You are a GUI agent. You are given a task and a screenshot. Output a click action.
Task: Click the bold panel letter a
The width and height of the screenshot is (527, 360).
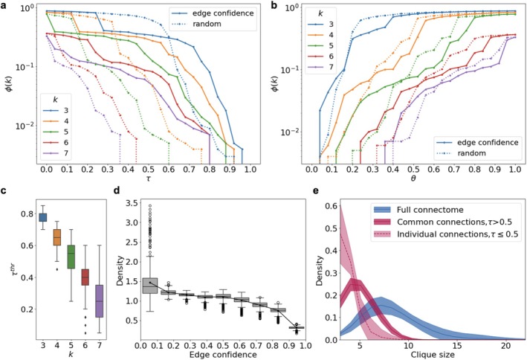pos(4,6)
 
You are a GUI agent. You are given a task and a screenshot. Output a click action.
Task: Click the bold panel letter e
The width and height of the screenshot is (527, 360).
pos(316,190)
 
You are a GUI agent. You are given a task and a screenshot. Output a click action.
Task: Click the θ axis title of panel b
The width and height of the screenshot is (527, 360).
pos(413,179)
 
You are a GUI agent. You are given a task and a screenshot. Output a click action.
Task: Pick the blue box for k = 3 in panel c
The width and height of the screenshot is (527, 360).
pos(43,217)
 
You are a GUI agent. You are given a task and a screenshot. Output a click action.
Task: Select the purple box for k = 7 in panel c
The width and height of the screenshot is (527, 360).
pos(100,301)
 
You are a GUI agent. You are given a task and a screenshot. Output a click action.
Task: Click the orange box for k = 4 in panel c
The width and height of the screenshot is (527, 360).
pos(57,237)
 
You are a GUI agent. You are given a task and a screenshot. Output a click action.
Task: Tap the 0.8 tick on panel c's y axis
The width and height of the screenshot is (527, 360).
pos(28,214)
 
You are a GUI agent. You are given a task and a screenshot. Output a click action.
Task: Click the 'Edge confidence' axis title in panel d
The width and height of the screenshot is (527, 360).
pos(223,354)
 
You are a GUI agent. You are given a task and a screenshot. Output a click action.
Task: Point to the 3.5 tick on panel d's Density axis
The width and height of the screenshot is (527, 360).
pos(132,203)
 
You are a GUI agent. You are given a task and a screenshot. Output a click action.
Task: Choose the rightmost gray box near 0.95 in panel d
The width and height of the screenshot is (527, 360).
pos(297,327)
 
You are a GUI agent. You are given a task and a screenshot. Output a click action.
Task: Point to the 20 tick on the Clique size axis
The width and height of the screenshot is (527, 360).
pos(505,346)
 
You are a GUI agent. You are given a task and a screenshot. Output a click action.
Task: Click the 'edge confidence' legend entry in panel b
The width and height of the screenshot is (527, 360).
pos(476,142)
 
